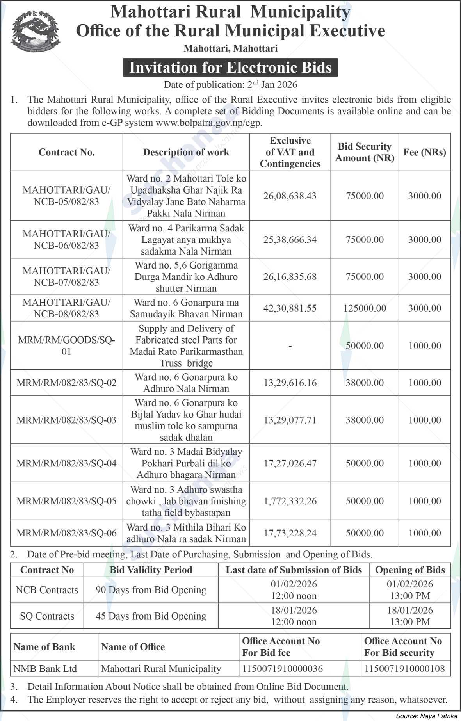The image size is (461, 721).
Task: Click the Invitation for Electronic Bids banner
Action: [230, 68]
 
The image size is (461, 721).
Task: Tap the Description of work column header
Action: [186, 152]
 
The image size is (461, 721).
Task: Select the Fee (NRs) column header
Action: [425, 152]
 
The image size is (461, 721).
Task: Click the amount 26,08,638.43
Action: [290, 196]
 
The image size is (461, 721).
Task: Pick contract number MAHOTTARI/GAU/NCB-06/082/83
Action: [66, 239]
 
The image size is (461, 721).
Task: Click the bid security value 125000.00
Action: [365, 308]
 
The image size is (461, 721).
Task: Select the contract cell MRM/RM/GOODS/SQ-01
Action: [66, 345]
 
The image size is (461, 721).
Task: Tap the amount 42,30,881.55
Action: [290, 308]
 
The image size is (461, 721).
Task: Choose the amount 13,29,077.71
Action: [290, 420]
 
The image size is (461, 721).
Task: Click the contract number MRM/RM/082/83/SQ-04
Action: [66, 463]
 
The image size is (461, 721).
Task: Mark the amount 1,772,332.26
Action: [290, 501]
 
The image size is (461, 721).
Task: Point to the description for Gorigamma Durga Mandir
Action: [186, 277]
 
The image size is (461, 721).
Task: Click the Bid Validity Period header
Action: [151, 570]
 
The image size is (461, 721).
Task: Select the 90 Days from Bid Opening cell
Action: [151, 590]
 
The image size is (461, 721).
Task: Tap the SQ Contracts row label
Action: [47, 616]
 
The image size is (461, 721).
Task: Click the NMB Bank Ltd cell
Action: [45, 669]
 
